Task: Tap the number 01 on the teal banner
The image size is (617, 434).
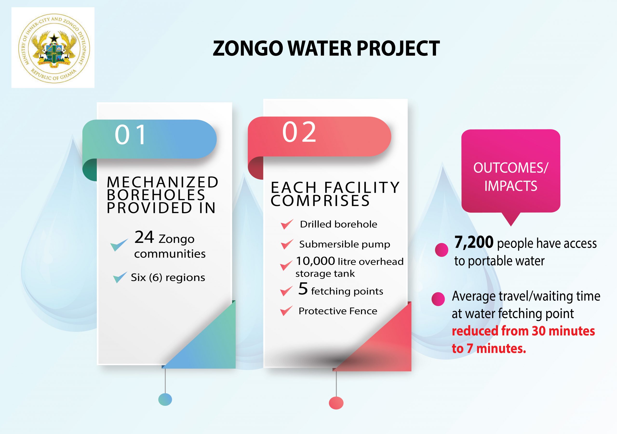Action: [131, 135]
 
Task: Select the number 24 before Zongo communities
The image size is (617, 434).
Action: [144, 237]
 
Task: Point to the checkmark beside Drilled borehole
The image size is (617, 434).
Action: [287, 224]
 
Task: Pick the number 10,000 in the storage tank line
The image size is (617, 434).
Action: [315, 261]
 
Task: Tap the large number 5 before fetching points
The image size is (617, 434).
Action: [303, 289]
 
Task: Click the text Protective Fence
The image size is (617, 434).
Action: [338, 311]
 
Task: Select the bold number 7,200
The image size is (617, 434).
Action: [474, 242]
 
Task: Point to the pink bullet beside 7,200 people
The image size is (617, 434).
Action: [442, 250]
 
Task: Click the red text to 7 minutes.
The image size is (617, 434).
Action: [489, 348]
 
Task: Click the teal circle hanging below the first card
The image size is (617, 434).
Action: [165, 399]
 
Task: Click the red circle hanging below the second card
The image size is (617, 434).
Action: [336, 403]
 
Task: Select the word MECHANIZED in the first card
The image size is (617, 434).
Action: [163, 182]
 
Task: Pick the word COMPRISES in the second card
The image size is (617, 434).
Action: [320, 201]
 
